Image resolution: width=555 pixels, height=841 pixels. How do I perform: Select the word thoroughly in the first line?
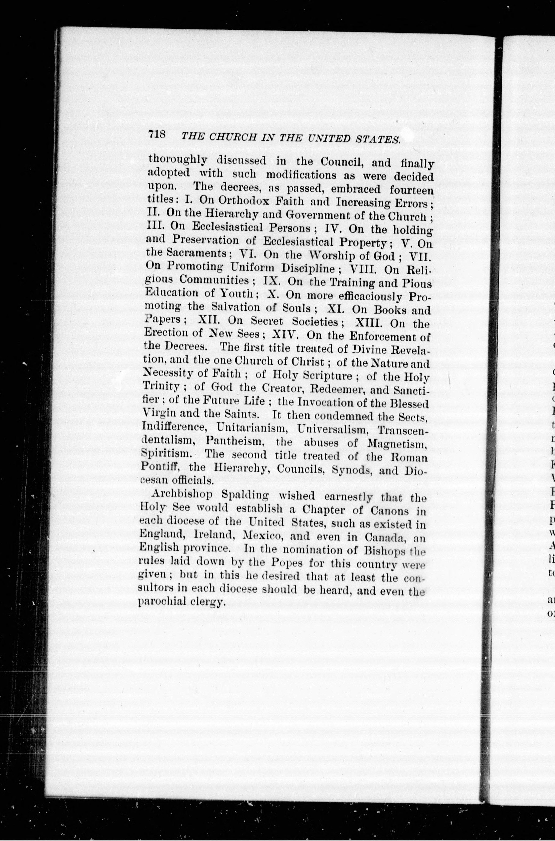coord(178,160)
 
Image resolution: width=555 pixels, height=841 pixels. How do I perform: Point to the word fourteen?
coord(411,190)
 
